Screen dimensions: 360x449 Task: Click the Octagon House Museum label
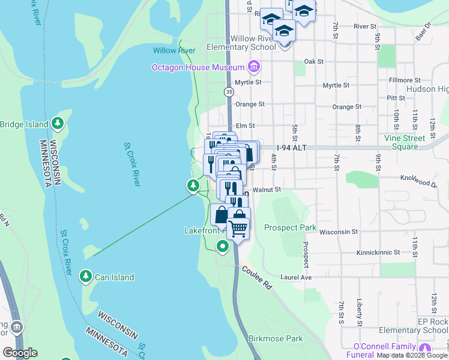[198, 67]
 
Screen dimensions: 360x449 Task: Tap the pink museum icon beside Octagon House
[254, 66]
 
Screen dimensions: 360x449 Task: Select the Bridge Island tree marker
[58, 124]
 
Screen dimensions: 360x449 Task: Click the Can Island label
[113, 277]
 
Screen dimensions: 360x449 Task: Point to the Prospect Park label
[290, 228]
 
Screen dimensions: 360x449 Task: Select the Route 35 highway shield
[229, 92]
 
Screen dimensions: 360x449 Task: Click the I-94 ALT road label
[292, 148]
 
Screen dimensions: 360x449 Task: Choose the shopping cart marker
[238, 228]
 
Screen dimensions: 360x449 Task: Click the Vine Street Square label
[409, 142]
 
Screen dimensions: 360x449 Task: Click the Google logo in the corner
[19, 353]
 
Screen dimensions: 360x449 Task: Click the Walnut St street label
[267, 190]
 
